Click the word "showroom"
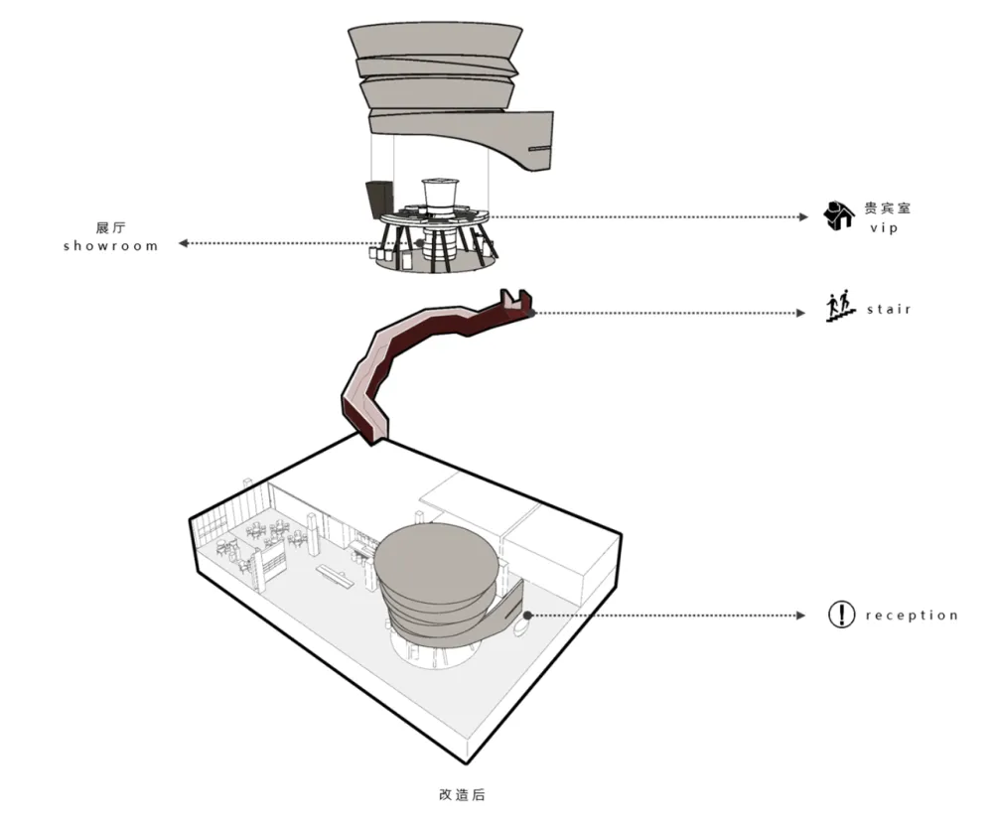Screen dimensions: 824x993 [x=110, y=245]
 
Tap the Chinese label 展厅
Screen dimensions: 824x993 [x=109, y=226]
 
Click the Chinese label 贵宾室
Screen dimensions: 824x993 [x=887, y=208]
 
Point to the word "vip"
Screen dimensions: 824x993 [x=884, y=227]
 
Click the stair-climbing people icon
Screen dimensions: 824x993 [x=840, y=306]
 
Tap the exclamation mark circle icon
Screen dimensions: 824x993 [x=841, y=615]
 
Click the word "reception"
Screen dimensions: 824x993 [x=912, y=616]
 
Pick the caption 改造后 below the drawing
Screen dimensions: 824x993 [x=462, y=795]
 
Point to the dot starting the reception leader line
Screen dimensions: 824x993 [x=528, y=615]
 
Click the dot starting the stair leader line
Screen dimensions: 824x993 [x=532, y=313]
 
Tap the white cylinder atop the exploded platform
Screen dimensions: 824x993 [x=440, y=194]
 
